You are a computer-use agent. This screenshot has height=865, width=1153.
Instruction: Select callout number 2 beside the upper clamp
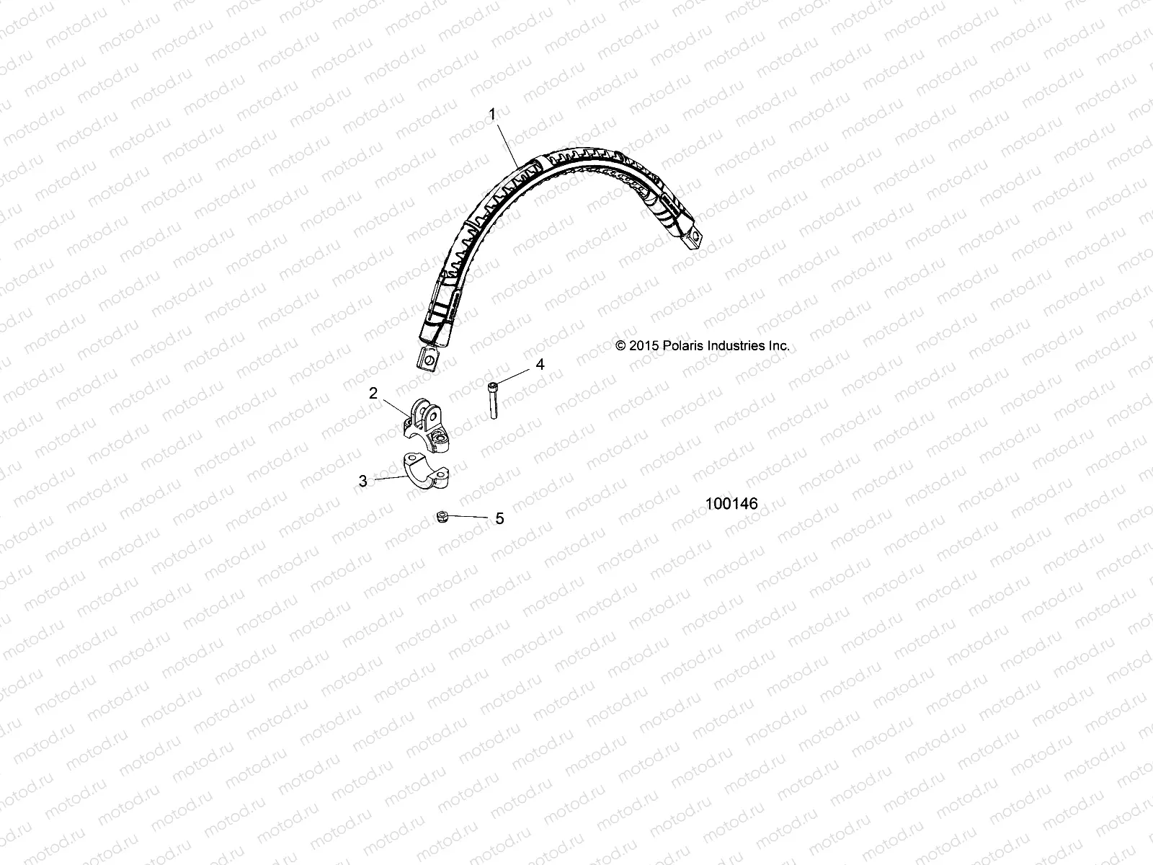coord(373,393)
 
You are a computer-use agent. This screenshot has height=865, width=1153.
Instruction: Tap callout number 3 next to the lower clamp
coord(363,481)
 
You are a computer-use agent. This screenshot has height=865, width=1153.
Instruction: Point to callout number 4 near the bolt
coord(539,365)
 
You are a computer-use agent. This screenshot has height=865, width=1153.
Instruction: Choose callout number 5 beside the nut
coord(499,518)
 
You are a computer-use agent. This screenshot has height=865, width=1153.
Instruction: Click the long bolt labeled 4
coord(494,399)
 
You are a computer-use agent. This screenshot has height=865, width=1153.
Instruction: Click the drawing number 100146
coord(731,504)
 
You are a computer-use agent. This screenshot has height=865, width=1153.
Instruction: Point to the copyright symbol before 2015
coord(621,346)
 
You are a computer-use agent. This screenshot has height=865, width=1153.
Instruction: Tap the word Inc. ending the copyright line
coord(778,346)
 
